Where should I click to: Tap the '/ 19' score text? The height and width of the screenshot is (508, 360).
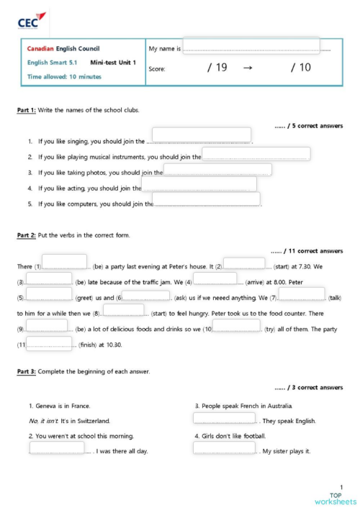tap(217, 68)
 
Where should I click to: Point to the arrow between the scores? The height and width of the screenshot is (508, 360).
tap(248, 68)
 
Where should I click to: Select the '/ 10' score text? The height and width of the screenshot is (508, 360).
tap(300, 68)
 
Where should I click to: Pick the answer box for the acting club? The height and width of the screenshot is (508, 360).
tap(199, 185)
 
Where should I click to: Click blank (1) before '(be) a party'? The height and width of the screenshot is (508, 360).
tap(64, 263)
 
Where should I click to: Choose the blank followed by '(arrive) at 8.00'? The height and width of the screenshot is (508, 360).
tap(215, 279)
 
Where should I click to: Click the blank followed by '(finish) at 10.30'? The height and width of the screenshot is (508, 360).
tap(50, 343)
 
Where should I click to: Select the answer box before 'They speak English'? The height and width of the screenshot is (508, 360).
tap(224, 418)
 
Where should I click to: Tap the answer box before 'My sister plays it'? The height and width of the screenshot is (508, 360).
tap(224, 449)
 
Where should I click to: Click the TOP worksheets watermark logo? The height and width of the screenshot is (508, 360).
tap(335, 497)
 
